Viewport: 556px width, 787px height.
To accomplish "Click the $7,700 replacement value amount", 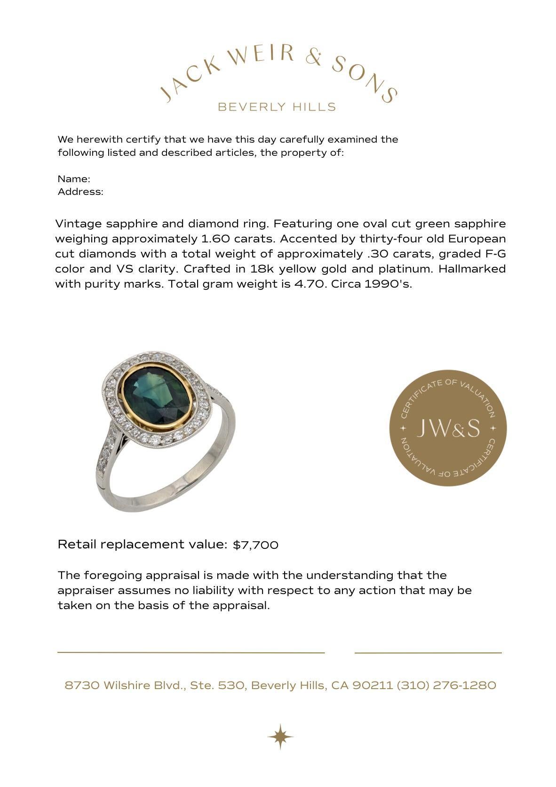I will tap(255, 545).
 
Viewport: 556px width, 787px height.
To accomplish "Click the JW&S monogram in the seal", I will tap(448, 428).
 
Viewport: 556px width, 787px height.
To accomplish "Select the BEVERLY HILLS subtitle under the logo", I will tap(277, 107).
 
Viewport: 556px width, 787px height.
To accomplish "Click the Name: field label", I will tap(74, 179).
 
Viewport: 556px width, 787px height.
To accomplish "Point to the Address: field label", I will tap(80, 192).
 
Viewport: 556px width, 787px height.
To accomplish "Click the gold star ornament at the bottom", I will tap(280, 736).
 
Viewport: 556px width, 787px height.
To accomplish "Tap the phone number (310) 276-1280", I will tap(446, 685).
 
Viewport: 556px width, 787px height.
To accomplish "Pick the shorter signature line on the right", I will tap(428, 653).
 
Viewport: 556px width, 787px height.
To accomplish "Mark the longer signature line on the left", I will tap(191, 652).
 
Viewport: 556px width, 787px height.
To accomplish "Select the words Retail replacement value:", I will tap(142, 545).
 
